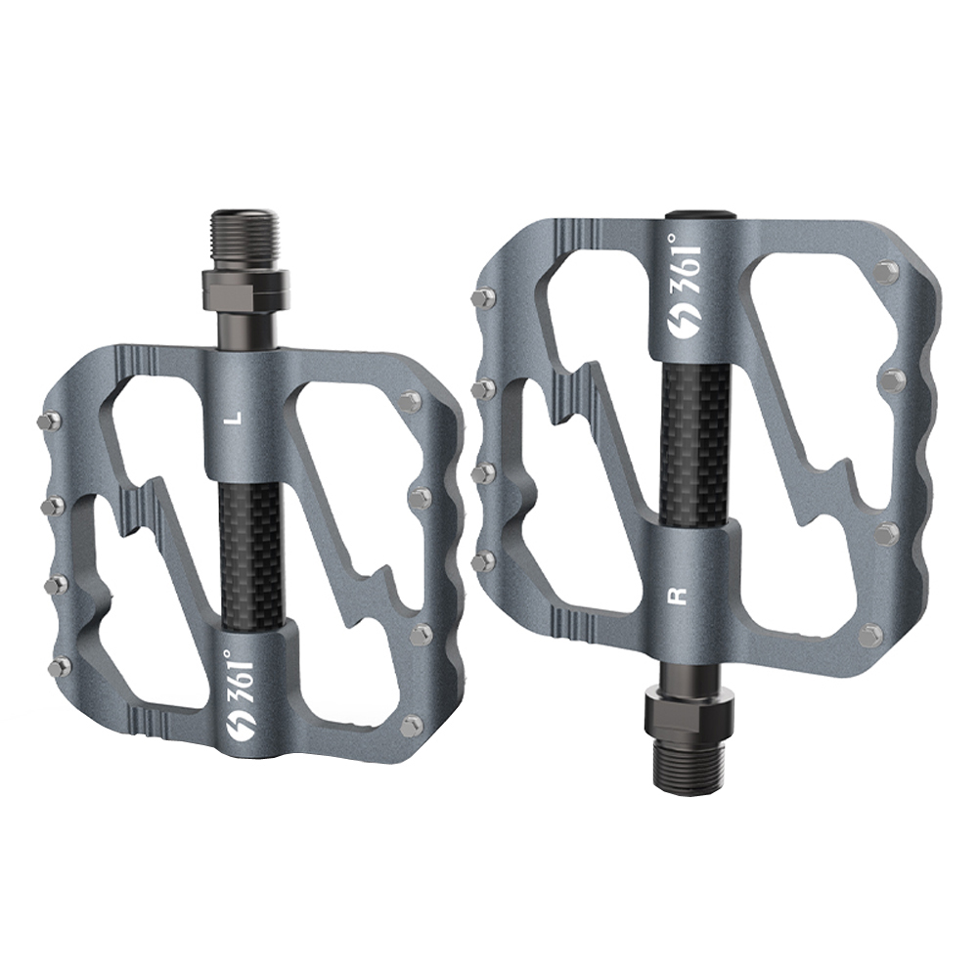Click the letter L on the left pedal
[x=232, y=418]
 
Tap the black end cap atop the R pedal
[x=703, y=212]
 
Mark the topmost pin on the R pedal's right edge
[x=887, y=271]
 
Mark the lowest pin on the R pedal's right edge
[x=870, y=637]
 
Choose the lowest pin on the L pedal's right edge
[x=412, y=725]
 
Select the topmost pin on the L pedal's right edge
[x=411, y=400]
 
